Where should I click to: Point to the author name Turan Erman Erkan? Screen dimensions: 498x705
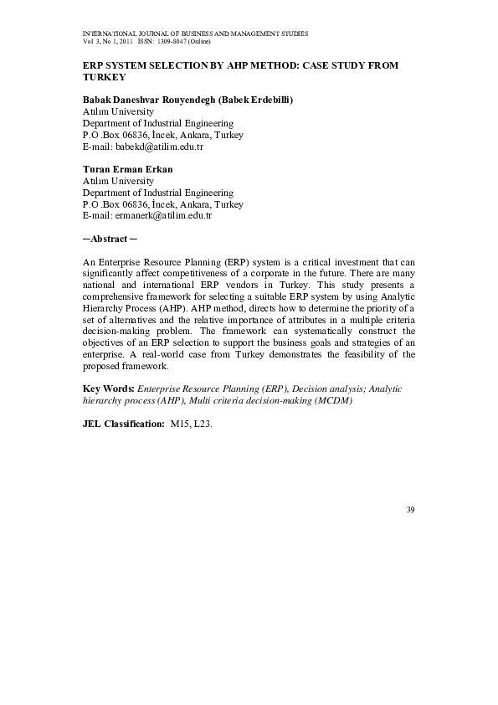(x=127, y=169)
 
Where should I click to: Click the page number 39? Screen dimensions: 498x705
(x=410, y=510)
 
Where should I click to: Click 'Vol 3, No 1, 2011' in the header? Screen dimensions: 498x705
(x=108, y=41)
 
